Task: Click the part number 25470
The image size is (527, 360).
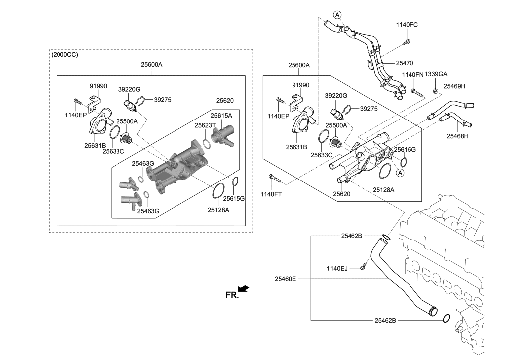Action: tap(405, 63)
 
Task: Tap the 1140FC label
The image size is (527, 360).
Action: tap(407, 25)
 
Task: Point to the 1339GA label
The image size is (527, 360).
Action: tap(436, 74)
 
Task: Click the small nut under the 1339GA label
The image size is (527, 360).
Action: tap(435, 90)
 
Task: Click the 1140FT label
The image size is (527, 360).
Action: tap(271, 194)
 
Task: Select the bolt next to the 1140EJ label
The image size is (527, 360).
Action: tap(362, 267)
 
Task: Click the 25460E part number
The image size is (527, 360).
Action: tap(286, 279)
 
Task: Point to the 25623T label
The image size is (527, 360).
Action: tap(205, 125)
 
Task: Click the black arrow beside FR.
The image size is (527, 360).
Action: tap(244, 288)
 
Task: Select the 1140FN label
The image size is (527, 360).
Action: tap(412, 74)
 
